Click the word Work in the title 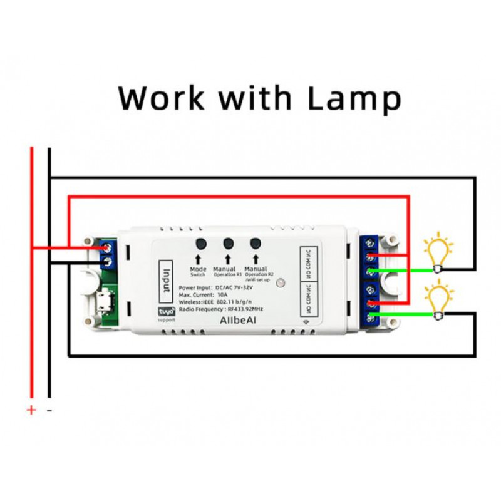[162, 98]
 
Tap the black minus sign [49, 410]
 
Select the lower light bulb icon [438, 299]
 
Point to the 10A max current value [221, 294]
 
